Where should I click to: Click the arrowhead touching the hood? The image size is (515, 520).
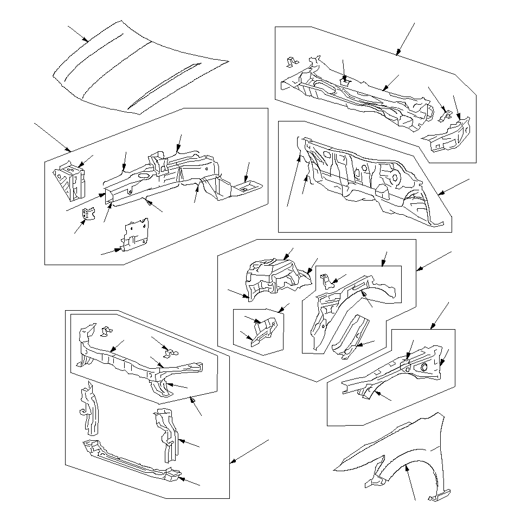(86, 40)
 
